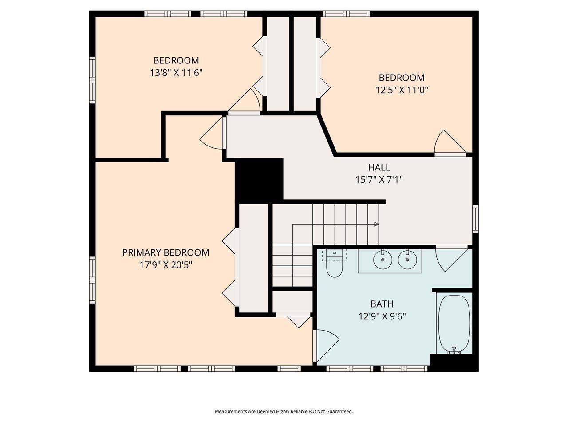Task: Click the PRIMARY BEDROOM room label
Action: (x=166, y=252)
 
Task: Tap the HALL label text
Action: (x=379, y=167)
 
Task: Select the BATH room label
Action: (x=382, y=304)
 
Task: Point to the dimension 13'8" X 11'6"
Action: (x=176, y=72)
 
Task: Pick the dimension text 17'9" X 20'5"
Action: (x=166, y=265)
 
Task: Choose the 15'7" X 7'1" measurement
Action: (x=379, y=180)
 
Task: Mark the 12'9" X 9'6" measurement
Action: (x=382, y=316)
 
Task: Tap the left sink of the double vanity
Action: (x=381, y=260)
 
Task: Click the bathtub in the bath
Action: (x=454, y=324)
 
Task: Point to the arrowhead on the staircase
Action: (x=376, y=224)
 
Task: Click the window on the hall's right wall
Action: (x=475, y=219)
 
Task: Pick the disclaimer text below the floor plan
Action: (x=284, y=411)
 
